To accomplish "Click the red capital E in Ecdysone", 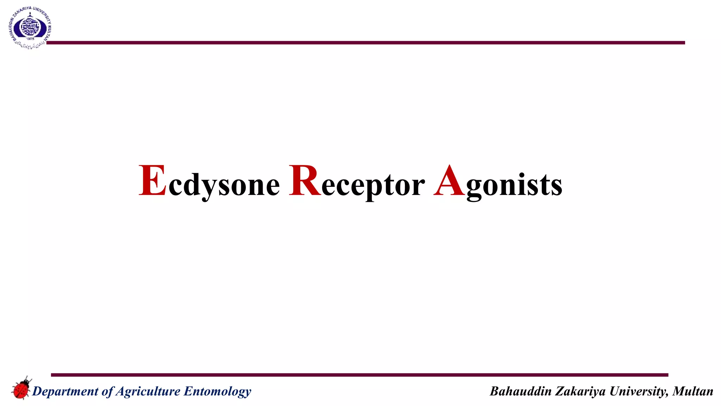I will pos(152,180).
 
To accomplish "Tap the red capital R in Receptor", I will pos(305,180).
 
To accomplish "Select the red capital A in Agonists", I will pos(449,180).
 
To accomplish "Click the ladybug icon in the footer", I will pos(21,388).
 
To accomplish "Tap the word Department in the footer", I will pos(65,391).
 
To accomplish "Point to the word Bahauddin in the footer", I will pos(520,391).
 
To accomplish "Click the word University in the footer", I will pos(638,391).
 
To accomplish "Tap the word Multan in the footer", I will pos(692,391).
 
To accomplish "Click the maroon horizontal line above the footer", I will pos(359,375).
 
